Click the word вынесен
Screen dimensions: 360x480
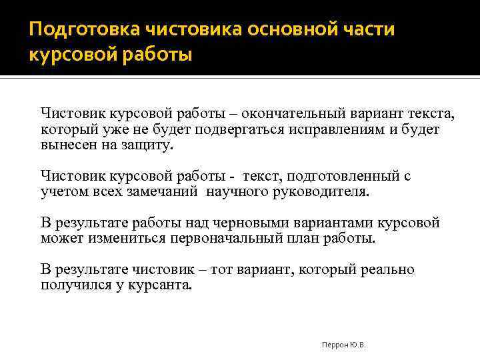click(64, 144)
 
